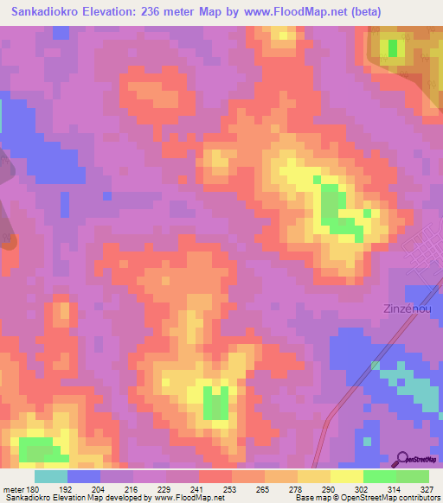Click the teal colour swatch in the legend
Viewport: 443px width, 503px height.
(x=51, y=475)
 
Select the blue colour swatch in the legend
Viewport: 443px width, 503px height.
(x=83, y=475)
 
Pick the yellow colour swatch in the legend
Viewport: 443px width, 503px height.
(x=347, y=475)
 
